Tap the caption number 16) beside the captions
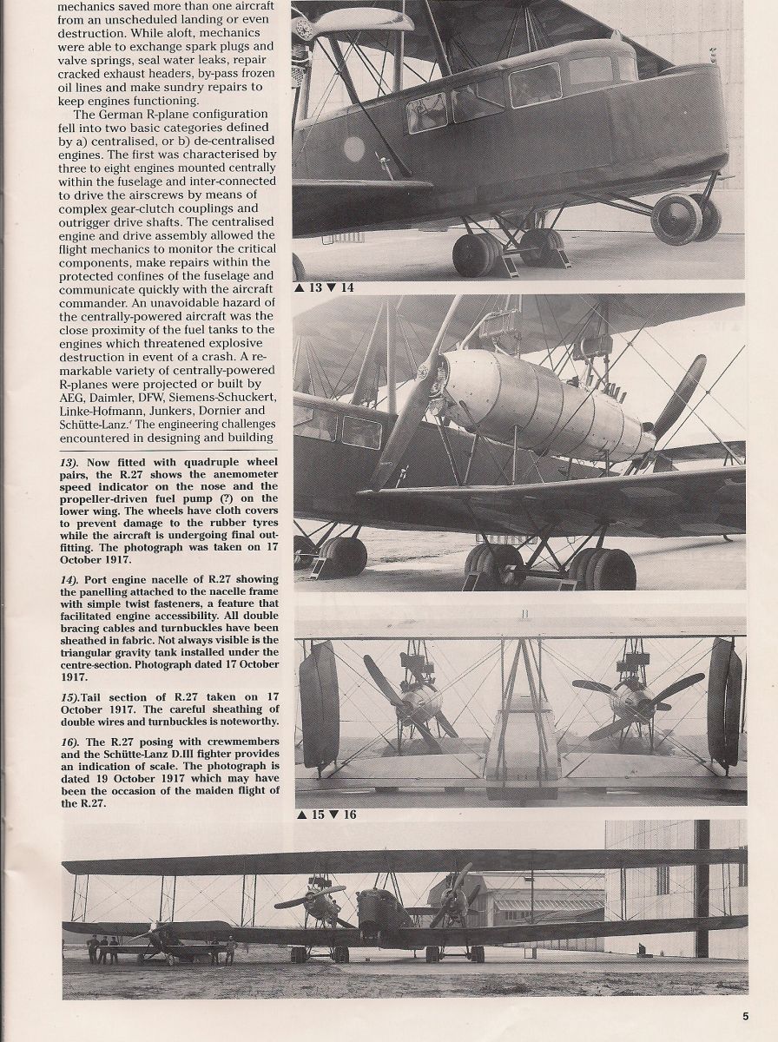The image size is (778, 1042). pos(71,741)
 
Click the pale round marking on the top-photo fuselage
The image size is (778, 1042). pos(353,149)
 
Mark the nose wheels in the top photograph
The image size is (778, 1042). pos(686,219)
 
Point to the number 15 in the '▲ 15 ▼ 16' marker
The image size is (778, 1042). pos(319,814)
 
